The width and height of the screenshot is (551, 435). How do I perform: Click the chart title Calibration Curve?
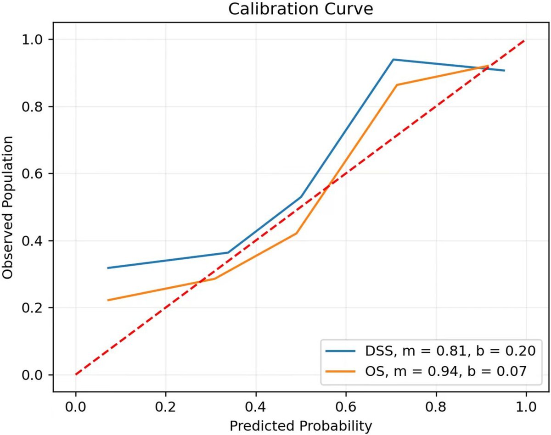click(x=301, y=9)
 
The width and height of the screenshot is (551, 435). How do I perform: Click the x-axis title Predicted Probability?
click(x=301, y=425)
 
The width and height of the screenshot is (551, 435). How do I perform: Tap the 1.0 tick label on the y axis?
click(x=38, y=39)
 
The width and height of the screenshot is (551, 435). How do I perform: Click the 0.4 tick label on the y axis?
click(x=38, y=241)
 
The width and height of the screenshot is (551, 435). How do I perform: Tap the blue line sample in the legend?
click(x=340, y=351)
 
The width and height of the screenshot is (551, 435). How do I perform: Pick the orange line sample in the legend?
click(x=340, y=371)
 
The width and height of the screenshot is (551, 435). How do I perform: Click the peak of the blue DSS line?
click(x=393, y=60)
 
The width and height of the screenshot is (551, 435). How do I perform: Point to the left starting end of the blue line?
click(x=107, y=268)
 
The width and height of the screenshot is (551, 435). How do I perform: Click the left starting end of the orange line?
click(x=107, y=300)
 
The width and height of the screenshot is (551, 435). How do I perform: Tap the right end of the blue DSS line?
click(x=504, y=71)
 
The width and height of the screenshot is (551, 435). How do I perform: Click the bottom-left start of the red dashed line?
click(x=76, y=374)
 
